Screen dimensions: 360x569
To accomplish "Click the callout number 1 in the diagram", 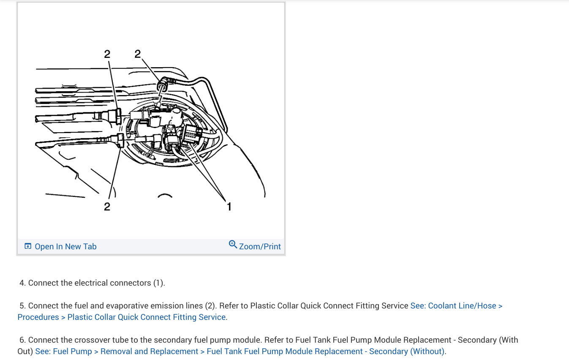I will [x=229, y=206].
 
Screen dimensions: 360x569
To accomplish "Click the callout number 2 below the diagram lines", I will [x=107, y=206].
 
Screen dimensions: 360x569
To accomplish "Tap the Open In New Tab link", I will [x=65, y=247].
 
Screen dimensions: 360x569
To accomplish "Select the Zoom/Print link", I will [x=260, y=247].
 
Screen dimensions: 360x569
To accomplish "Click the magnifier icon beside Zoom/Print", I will [x=233, y=244].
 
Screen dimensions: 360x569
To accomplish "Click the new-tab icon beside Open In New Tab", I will [x=28, y=246].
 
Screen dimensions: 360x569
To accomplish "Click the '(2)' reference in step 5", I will [x=210, y=306].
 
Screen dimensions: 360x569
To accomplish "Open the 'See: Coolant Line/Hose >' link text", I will [x=456, y=306].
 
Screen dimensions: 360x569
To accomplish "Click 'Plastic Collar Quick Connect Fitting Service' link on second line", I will [x=146, y=317].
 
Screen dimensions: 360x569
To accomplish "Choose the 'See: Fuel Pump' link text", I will [x=63, y=352].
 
